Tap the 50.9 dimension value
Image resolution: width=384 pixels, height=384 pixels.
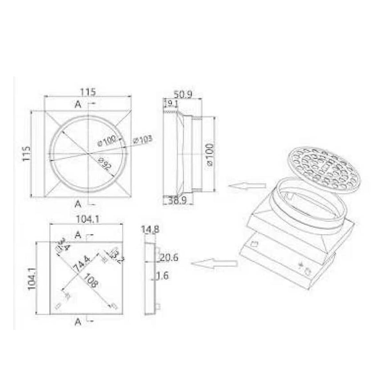pyautogui.click(x=182, y=95)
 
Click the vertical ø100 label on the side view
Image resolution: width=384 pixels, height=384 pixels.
pyautogui.click(x=210, y=154)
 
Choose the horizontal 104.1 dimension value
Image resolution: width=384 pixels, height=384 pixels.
pyautogui.click(x=87, y=219)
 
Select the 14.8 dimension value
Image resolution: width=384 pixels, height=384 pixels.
pyautogui.click(x=150, y=229)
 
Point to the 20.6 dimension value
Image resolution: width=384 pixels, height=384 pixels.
pyautogui.click(x=169, y=258)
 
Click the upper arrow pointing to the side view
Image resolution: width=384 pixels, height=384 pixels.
pyautogui.click(x=246, y=186)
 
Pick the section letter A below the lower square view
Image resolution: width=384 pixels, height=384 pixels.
pyautogui.click(x=77, y=323)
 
